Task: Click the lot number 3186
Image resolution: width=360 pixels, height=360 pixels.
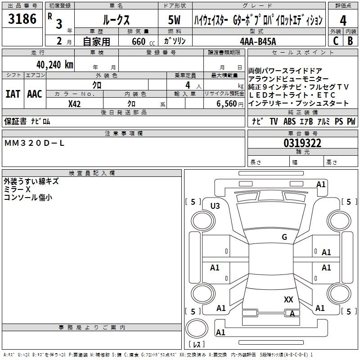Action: tap(22, 20)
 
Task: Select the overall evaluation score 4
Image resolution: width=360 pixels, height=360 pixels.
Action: tap(343, 21)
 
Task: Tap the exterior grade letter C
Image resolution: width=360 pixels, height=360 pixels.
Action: tap(335, 40)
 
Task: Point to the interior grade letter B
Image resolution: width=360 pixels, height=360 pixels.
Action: tap(351, 40)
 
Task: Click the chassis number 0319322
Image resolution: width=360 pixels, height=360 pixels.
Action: tap(302, 144)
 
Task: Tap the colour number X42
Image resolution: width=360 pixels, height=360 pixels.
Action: tap(75, 103)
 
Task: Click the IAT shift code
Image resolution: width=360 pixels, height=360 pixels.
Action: tap(13, 94)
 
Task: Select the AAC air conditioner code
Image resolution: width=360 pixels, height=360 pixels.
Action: tap(35, 94)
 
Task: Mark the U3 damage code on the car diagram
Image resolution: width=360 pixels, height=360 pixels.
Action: tap(215, 206)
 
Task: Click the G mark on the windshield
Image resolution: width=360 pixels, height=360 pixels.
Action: tap(284, 237)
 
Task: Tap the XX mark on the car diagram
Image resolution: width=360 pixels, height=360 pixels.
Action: tap(288, 299)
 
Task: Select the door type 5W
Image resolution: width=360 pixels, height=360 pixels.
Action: tap(174, 21)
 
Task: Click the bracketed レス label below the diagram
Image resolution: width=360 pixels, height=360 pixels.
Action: tap(196, 344)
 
